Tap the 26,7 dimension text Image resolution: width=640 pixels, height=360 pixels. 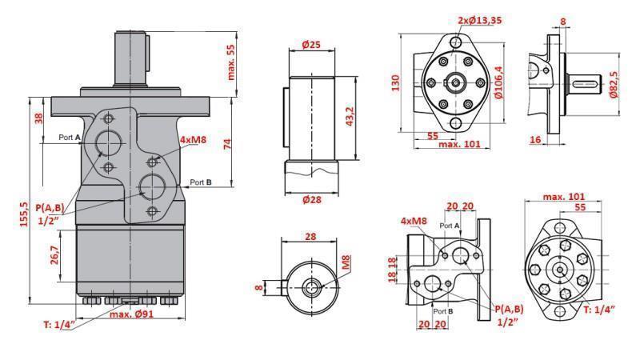[x=54, y=254]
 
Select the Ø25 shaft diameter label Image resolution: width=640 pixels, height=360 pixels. [x=311, y=45]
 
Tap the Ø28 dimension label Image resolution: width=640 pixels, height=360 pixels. [x=311, y=199]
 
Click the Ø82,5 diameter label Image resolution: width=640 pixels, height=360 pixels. [x=614, y=82]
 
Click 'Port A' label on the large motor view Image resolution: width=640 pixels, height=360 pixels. [x=70, y=138]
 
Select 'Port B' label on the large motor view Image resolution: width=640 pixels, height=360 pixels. [x=200, y=182]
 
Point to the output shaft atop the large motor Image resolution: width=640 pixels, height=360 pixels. [x=133, y=56]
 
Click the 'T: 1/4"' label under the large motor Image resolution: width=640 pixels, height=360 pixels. [x=57, y=324]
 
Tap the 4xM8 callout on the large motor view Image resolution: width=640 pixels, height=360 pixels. [x=194, y=140]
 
